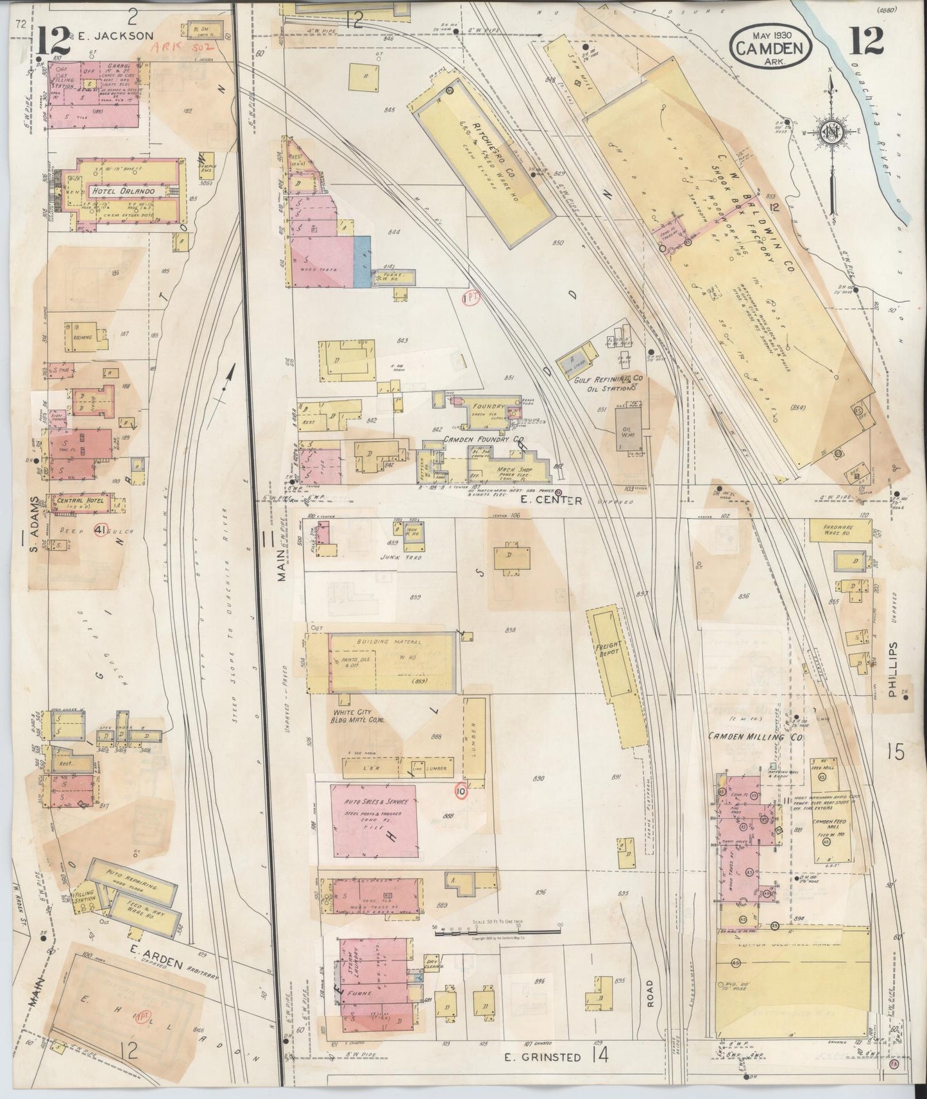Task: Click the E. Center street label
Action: (550, 501)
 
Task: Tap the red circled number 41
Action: (99, 530)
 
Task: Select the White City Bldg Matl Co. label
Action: (361, 716)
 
